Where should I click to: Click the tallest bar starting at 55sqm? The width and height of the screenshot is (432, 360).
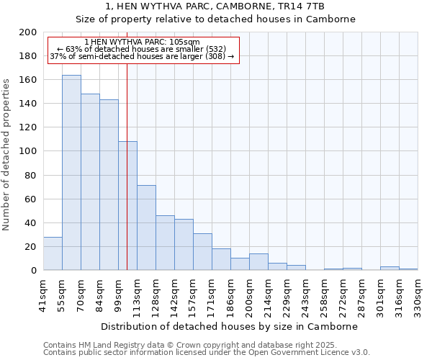tap(71, 173)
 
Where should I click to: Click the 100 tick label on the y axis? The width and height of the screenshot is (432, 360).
tap(28, 151)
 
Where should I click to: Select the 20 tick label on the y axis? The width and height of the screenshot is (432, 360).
tap(31, 246)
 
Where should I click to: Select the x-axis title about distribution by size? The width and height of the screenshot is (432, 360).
tap(230, 326)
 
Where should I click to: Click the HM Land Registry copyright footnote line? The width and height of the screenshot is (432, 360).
tap(194, 345)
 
